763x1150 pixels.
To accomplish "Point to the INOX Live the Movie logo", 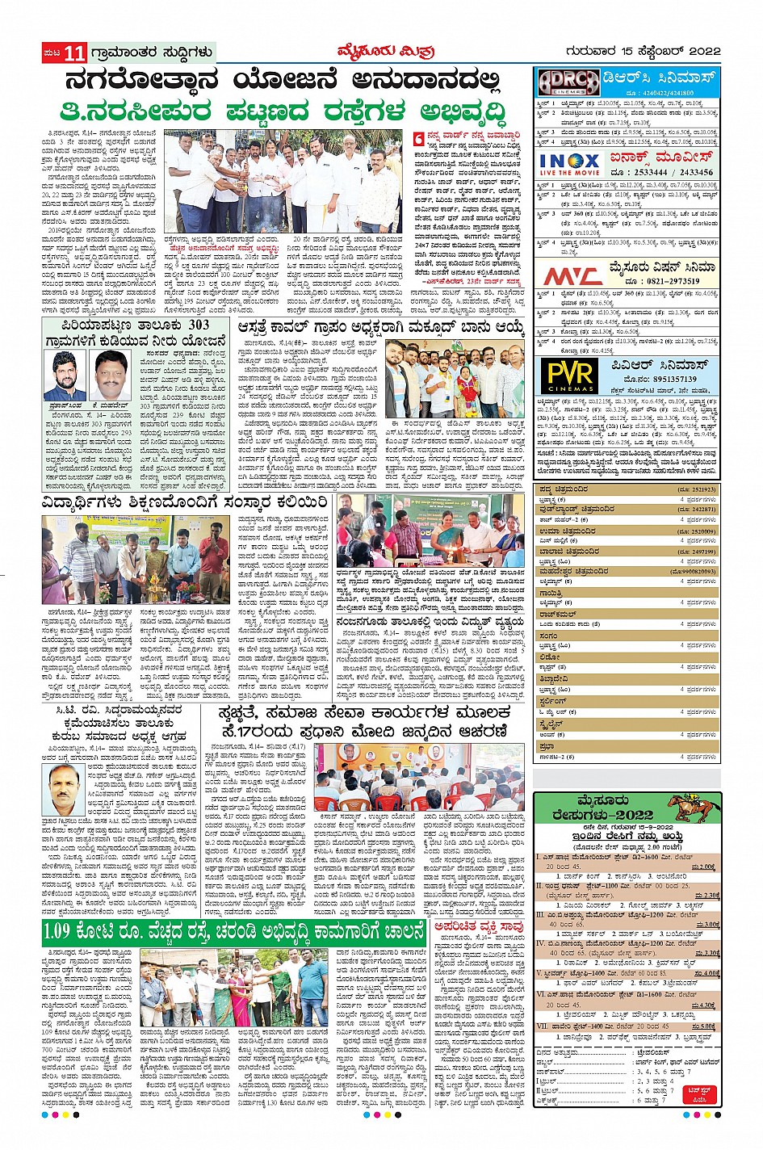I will [569, 164].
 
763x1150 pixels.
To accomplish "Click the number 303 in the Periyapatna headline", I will [198, 325].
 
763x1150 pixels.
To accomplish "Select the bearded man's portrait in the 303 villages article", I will [65, 375].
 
